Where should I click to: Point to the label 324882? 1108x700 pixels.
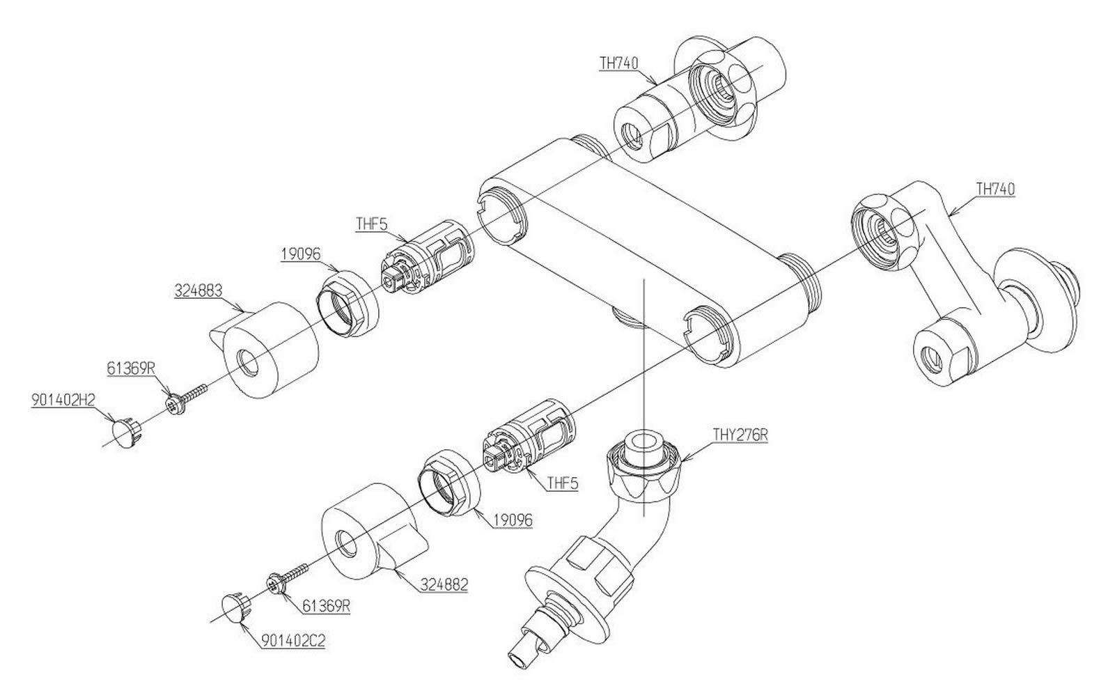click(444, 585)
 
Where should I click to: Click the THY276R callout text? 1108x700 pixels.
click(740, 435)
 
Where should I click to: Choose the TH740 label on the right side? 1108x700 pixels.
click(995, 189)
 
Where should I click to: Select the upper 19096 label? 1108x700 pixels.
click(300, 254)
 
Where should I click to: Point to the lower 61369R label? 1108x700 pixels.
click(326, 607)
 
